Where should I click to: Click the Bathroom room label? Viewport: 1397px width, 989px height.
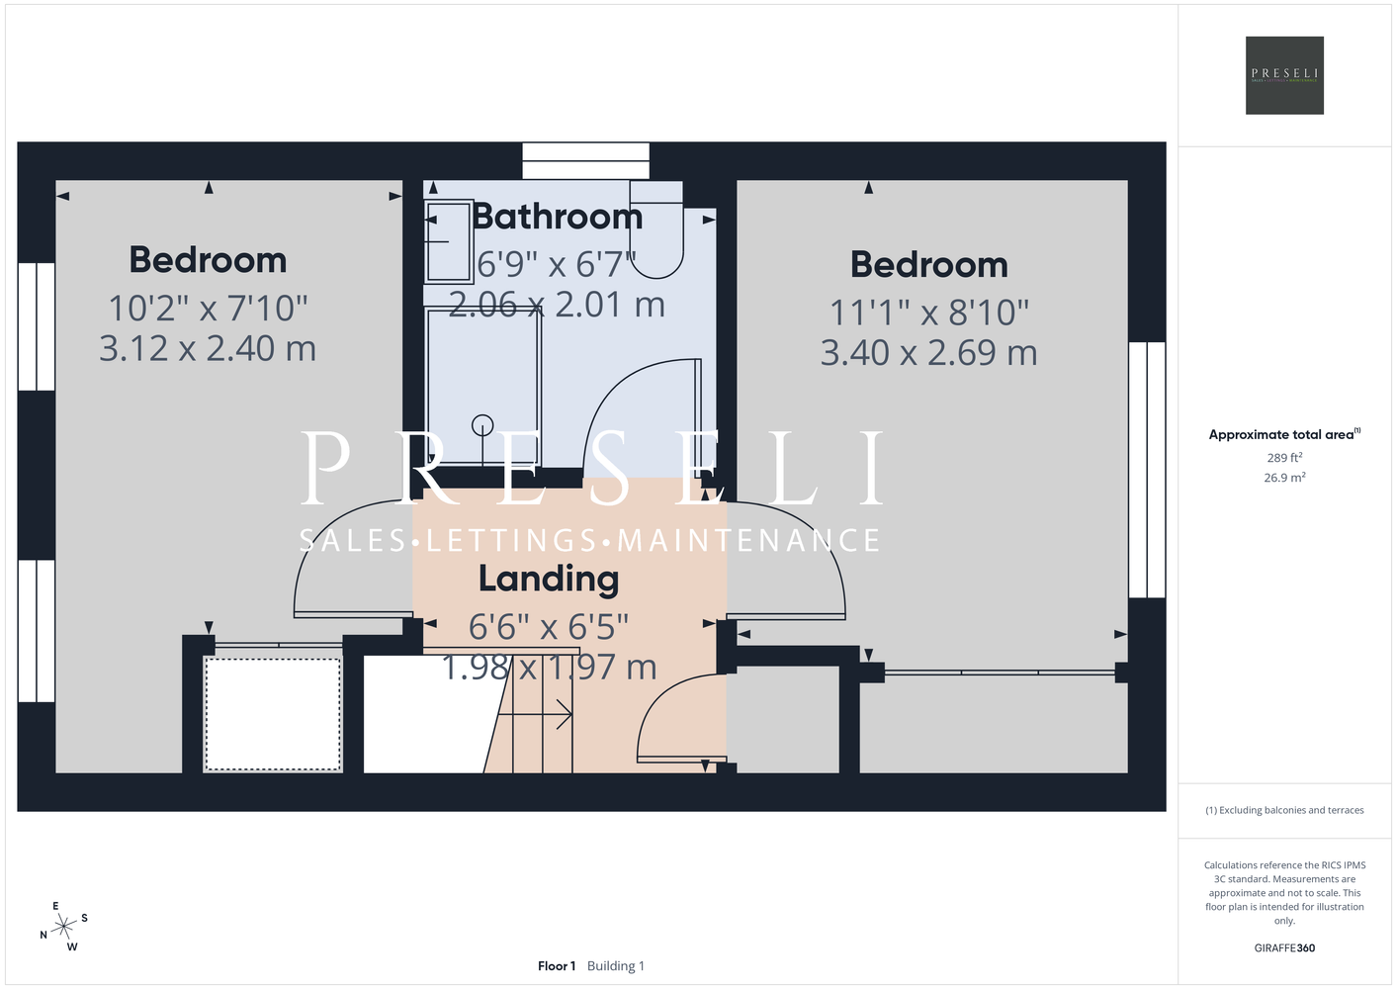coord(557,217)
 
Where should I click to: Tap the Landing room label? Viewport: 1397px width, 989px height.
coord(549,580)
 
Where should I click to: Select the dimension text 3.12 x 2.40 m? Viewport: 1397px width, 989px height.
coord(208,348)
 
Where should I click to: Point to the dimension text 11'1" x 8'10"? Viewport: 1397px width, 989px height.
coord(928,312)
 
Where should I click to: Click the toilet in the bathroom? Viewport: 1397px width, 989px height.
coord(656,229)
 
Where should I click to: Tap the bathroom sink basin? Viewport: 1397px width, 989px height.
coord(448,241)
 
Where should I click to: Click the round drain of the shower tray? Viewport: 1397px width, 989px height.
coord(482,425)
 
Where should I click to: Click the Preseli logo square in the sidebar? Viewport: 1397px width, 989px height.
coord(1284,75)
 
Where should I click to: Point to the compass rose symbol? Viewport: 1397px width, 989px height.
coord(63,927)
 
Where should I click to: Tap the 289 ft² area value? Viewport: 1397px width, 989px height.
coord(1284,457)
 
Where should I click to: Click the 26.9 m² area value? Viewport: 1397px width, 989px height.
coord(1284,478)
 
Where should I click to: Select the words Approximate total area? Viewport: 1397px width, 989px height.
coord(1281,435)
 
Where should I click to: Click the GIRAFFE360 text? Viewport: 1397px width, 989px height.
coord(1284,947)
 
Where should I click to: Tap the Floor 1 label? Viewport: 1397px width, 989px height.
coord(557,966)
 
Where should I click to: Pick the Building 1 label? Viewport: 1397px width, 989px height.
coord(616,966)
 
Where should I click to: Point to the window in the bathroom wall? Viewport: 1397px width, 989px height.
coord(585,161)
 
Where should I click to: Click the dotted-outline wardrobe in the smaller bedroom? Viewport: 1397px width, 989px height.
coord(273,714)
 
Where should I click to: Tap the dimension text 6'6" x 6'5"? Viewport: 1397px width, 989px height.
coord(548,627)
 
